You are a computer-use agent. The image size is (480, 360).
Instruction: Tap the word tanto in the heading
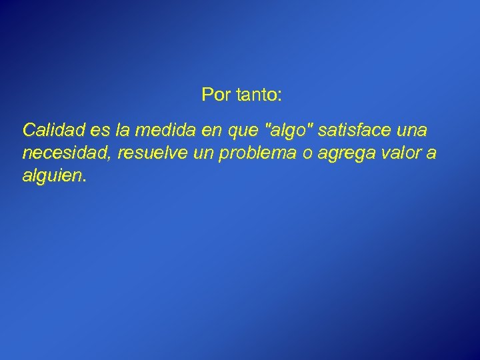pyautogui.click(x=255, y=95)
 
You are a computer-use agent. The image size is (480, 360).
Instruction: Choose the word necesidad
pyautogui.click(x=65, y=154)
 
